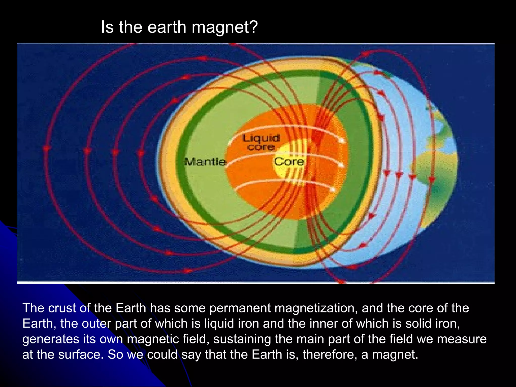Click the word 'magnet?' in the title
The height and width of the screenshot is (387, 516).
[x=225, y=27]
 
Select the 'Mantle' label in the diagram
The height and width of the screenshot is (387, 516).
[x=205, y=162]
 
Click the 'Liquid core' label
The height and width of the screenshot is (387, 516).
[x=261, y=142]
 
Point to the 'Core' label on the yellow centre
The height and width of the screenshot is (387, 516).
[x=289, y=162]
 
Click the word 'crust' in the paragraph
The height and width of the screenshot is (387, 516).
[x=62, y=308]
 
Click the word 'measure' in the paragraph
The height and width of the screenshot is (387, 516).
[x=462, y=339]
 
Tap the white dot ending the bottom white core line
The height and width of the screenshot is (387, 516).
[x=333, y=189]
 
